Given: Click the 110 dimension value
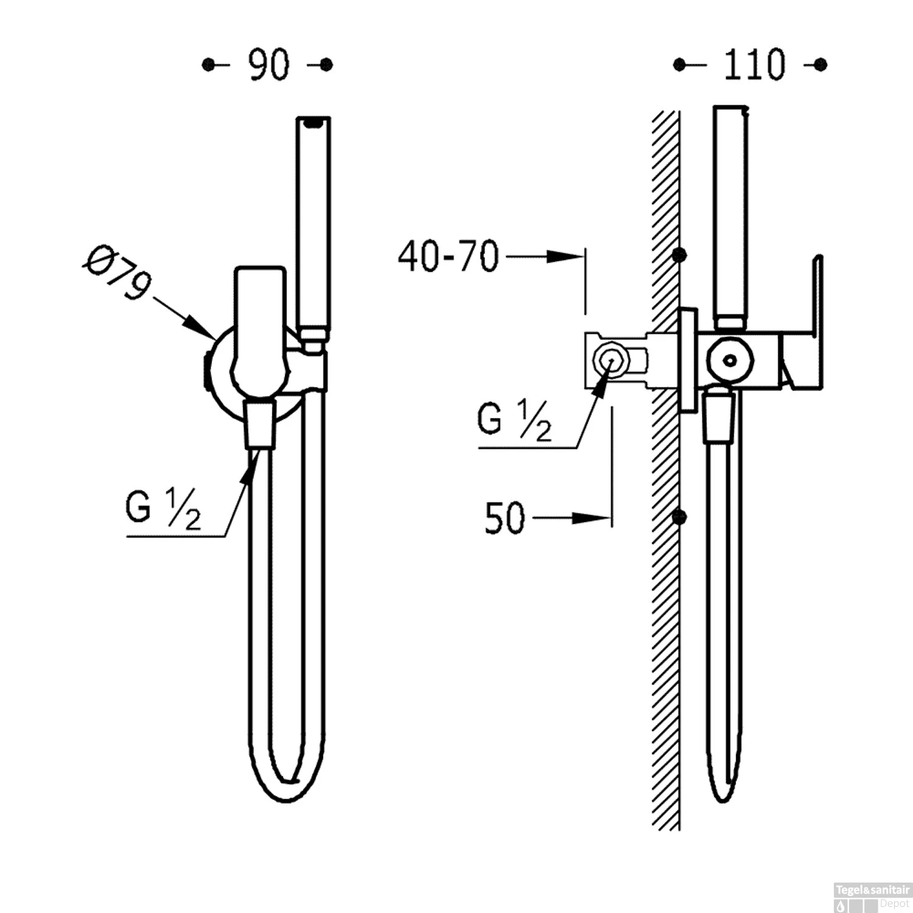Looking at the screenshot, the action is [x=754, y=65].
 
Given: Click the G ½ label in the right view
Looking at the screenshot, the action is [x=514, y=420].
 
